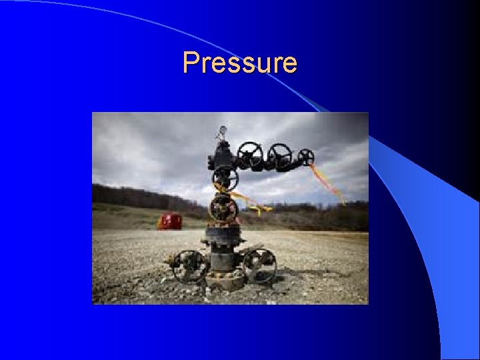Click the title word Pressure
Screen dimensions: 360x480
coord(240,63)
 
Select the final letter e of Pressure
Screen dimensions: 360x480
coord(289,65)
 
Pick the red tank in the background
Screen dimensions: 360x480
coord(169,221)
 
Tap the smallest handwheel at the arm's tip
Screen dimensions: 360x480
coord(306,157)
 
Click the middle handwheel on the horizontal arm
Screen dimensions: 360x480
coord(279,155)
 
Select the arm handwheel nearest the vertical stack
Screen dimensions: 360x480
coord(251,154)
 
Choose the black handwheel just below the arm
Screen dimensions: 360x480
coord(225,178)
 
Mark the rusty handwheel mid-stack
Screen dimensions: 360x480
coord(223,209)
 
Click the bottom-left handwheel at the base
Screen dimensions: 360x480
coord(189,265)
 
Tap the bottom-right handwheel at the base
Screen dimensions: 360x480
coord(259,264)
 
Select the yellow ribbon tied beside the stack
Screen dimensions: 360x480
coord(252,203)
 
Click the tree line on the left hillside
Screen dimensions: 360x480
coord(133,197)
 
